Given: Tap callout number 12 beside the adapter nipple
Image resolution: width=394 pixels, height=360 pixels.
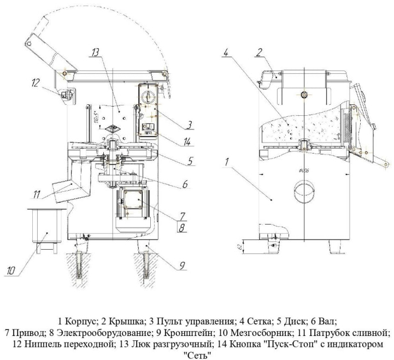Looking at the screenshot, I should coord(36,83).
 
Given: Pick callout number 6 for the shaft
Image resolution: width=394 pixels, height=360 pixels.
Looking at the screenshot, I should coord(185,184).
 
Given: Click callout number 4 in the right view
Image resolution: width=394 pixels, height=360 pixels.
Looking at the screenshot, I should coord(226,53).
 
